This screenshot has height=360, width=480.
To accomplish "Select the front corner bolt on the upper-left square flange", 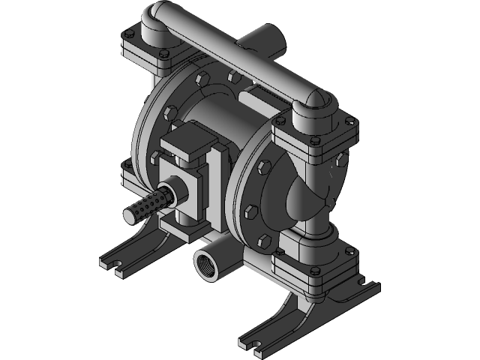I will point(162,55).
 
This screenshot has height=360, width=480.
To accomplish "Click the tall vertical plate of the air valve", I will point(217,180).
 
